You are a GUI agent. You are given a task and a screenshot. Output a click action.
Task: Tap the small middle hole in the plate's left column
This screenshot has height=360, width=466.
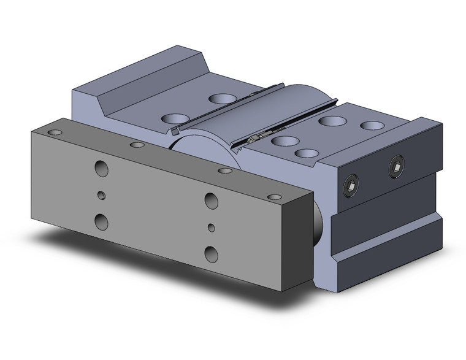102,195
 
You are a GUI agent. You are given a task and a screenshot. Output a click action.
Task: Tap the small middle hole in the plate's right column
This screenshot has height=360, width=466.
211,228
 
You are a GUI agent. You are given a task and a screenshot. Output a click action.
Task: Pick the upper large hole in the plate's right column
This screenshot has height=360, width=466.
211,200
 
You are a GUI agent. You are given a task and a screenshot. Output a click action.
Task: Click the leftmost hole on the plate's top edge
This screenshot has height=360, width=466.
56,132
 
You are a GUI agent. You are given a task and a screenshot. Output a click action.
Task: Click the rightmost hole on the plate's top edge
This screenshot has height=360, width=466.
275,197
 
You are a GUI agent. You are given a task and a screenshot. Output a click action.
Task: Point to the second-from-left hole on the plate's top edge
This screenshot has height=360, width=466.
137,145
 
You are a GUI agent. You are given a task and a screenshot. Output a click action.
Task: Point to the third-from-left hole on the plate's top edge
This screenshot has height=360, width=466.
225,170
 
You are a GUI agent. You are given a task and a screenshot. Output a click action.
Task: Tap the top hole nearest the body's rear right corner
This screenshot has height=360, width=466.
371,126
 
